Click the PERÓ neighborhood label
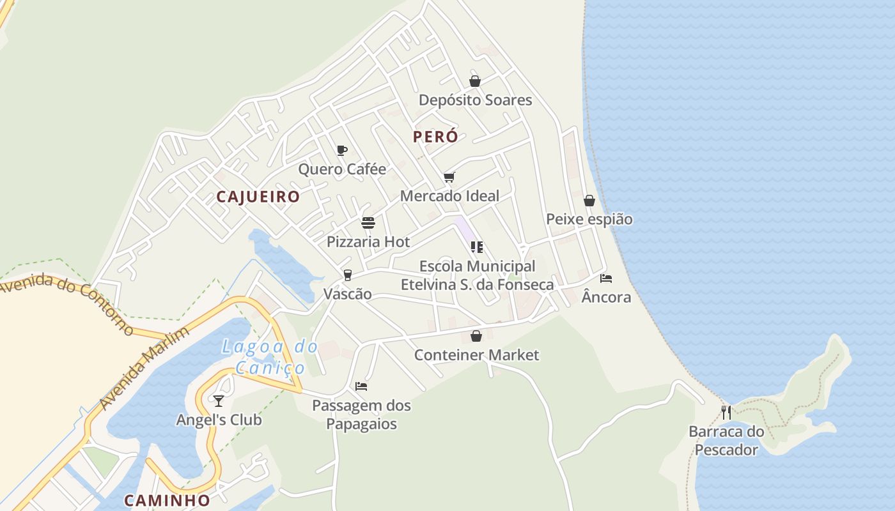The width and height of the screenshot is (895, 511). [435, 137]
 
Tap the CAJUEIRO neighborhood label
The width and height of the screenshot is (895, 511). [258, 197]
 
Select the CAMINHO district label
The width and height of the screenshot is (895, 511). [167, 500]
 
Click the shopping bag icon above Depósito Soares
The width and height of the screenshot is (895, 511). [475, 81]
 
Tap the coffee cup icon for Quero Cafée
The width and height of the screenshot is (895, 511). [342, 151]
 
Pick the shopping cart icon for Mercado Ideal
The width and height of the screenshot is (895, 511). [449, 177]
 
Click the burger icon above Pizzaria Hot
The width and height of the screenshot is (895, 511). [368, 223]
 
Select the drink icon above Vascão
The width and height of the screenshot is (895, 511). [348, 275]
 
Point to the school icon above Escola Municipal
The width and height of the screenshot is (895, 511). [476, 247]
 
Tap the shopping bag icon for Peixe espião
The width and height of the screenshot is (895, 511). [589, 201]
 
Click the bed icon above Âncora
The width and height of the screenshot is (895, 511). [606, 278]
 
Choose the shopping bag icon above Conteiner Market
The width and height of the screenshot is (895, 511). [476, 336]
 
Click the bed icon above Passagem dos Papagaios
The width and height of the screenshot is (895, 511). [361, 386]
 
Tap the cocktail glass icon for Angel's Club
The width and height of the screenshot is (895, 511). [219, 400]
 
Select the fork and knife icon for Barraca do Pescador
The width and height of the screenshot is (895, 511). [726, 413]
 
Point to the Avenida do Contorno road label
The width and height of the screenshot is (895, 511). [66, 303]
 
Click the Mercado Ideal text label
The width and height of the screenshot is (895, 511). [449, 196]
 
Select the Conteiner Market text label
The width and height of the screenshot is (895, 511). [476, 355]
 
